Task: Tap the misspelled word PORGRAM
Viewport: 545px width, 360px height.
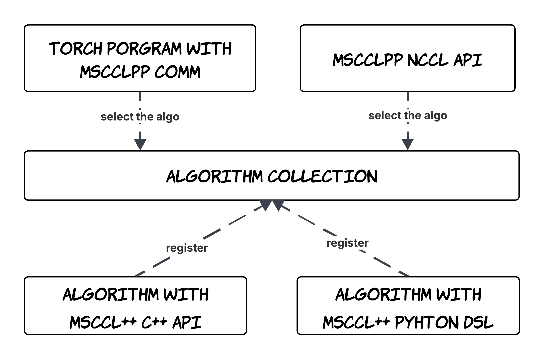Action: point(144,49)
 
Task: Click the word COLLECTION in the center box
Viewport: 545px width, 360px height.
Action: point(322,176)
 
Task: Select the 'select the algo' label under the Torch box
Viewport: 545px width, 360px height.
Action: point(140,117)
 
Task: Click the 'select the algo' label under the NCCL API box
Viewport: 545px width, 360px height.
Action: point(408,115)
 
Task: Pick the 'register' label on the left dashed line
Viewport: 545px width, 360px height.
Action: point(187,248)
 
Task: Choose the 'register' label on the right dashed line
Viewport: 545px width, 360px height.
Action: point(347,243)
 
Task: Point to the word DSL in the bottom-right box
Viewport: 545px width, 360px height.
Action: point(479,322)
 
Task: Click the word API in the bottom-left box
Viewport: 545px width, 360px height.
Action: point(187,322)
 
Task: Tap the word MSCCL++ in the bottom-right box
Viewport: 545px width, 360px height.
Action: point(356,322)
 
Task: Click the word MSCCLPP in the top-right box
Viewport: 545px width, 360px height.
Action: point(368,60)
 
